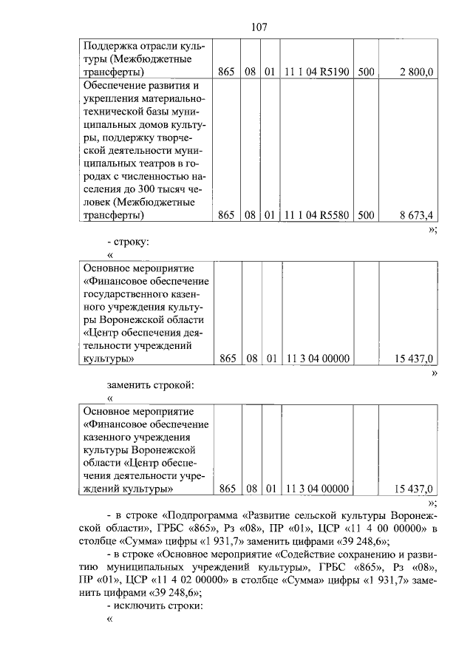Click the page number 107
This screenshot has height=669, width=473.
(259, 27)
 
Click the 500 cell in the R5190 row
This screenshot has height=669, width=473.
(365, 72)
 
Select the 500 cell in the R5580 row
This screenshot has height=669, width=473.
(365, 215)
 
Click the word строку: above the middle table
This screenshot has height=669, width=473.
(133, 241)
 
